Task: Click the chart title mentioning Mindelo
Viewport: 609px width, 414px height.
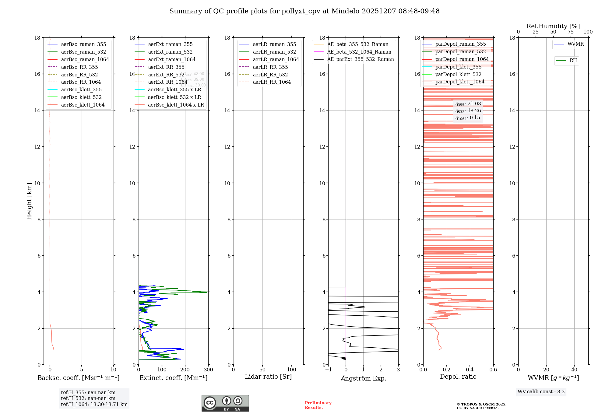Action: pyautogui.click(x=304, y=11)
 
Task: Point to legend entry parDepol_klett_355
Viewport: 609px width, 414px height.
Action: pyautogui.click(x=458, y=67)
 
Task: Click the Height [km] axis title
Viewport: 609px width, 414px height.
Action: pyautogui.click(x=29, y=201)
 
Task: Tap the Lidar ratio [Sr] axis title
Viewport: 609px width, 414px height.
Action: pyautogui.click(x=268, y=377)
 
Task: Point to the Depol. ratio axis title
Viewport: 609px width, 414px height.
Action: pyautogui.click(x=458, y=377)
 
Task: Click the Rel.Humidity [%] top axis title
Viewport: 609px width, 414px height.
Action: pyautogui.click(x=553, y=26)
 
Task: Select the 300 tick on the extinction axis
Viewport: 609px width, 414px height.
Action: pyautogui.click(x=209, y=370)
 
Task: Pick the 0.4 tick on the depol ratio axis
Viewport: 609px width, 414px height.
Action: pyautogui.click(x=470, y=370)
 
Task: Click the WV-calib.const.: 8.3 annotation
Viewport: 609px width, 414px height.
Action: pyautogui.click(x=541, y=392)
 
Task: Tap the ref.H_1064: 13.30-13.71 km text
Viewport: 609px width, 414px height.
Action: pyautogui.click(x=94, y=405)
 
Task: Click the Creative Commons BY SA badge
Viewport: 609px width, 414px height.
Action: pyautogui.click(x=225, y=403)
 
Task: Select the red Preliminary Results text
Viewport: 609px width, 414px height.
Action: pyautogui.click(x=318, y=405)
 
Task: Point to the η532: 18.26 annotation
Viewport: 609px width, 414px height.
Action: pyautogui.click(x=468, y=111)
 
